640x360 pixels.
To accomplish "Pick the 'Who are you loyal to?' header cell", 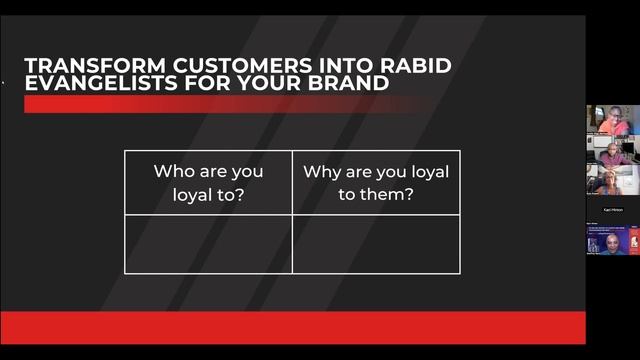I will coord(208,182).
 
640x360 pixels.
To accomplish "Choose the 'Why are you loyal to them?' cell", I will coord(376,182).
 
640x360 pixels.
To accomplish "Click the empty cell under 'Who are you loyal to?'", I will coord(208,243).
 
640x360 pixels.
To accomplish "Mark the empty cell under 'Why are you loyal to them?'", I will coord(376,243).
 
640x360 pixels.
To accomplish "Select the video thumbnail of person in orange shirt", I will coord(612,120).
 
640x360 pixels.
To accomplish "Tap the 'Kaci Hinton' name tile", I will coord(612,210).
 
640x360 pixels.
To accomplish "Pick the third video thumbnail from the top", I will coord(612,181).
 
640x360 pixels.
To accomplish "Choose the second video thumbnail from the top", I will coord(612,152).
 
